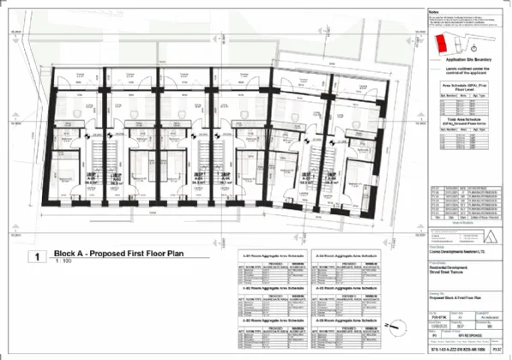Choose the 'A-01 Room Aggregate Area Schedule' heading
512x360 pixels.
coord(272,255)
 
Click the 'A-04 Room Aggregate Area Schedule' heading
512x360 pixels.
coord(345,255)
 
